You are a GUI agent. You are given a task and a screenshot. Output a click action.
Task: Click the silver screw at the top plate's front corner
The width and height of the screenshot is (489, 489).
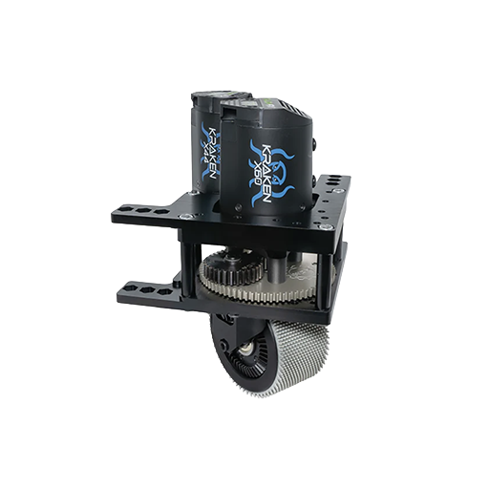point(328,228)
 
